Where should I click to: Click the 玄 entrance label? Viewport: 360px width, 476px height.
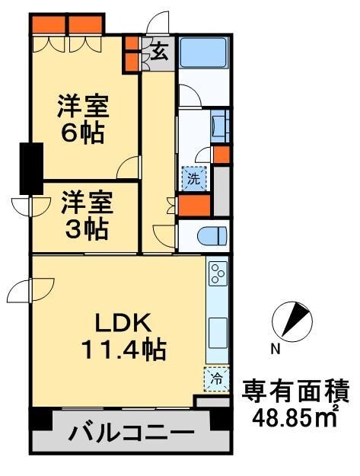(159, 53)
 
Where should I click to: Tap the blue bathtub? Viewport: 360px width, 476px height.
(203, 53)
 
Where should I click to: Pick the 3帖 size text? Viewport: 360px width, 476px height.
(85, 227)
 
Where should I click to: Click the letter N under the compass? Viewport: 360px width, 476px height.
(276, 350)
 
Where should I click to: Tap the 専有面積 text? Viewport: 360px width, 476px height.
(295, 391)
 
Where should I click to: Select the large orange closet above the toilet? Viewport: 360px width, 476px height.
(193, 206)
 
